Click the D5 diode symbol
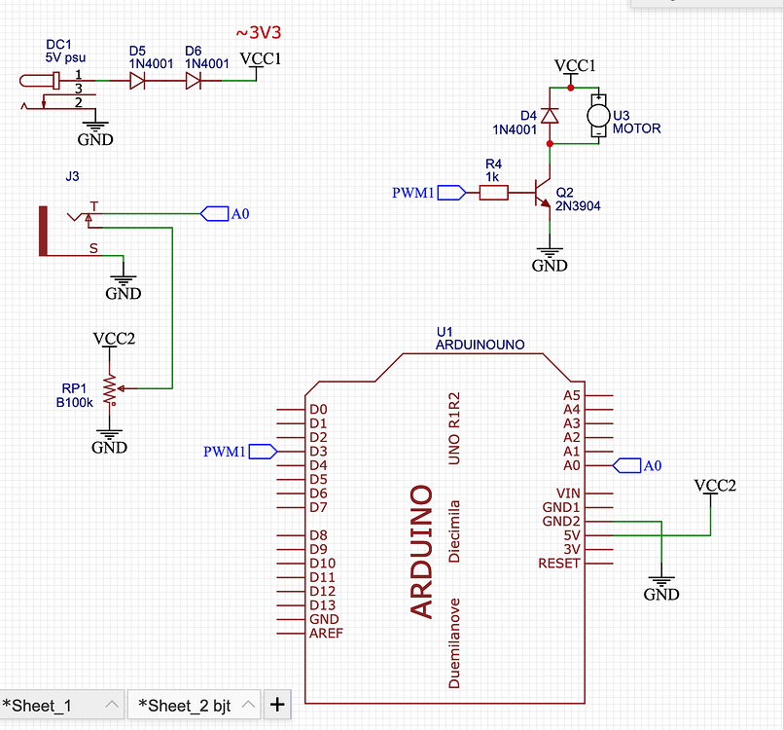(x=138, y=82)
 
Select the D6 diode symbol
(x=194, y=82)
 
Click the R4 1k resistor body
(x=493, y=193)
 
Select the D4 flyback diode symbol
(x=550, y=116)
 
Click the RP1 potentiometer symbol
(x=110, y=388)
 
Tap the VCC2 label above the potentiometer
(x=113, y=340)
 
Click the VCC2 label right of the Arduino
(x=714, y=485)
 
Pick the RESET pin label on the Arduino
(x=559, y=564)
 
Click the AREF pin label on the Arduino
(x=326, y=633)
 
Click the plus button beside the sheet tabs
(x=277, y=704)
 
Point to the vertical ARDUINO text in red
(x=421, y=551)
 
